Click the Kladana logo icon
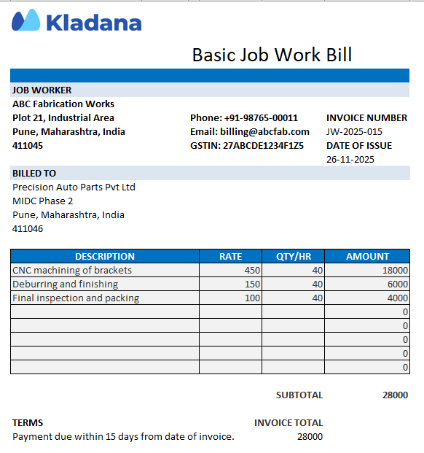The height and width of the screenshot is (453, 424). click(26, 20)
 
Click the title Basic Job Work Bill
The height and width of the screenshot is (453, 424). click(272, 55)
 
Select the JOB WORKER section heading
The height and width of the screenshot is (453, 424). click(42, 90)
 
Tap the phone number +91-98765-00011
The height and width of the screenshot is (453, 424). click(244, 117)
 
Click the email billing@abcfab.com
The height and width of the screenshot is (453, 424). click(250, 131)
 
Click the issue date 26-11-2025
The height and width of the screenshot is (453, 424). click(350, 159)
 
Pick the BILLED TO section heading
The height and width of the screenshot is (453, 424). click(34, 173)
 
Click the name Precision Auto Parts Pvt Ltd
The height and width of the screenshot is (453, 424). click(74, 187)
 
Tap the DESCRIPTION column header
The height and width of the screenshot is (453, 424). click(105, 256)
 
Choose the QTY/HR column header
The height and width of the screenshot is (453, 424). click(293, 256)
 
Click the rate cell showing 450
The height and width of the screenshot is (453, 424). click(252, 270)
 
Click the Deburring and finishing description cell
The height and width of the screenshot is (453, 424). click(65, 284)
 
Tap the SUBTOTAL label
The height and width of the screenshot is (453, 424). click(299, 395)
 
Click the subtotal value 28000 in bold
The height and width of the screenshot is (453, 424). click(395, 395)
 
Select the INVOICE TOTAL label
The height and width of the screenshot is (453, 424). click(288, 422)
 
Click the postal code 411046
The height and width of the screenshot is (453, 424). click(28, 228)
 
